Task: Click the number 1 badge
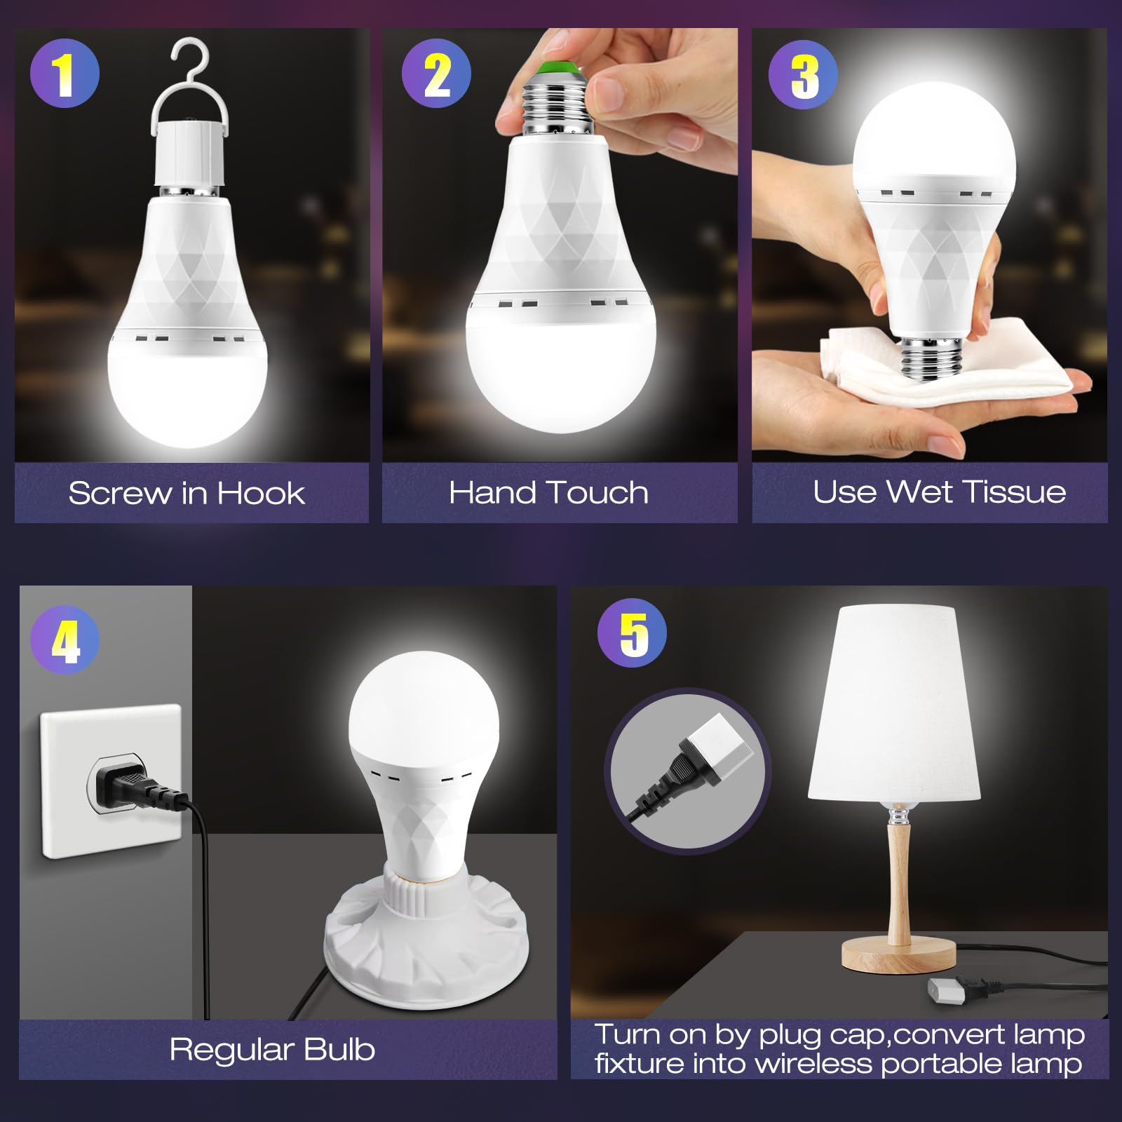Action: coord(65,74)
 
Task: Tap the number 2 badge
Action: coord(436,74)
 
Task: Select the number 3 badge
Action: coord(804,74)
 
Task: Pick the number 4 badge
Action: coord(65,640)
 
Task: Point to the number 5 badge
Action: coord(633,633)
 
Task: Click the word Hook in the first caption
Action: coord(260,493)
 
